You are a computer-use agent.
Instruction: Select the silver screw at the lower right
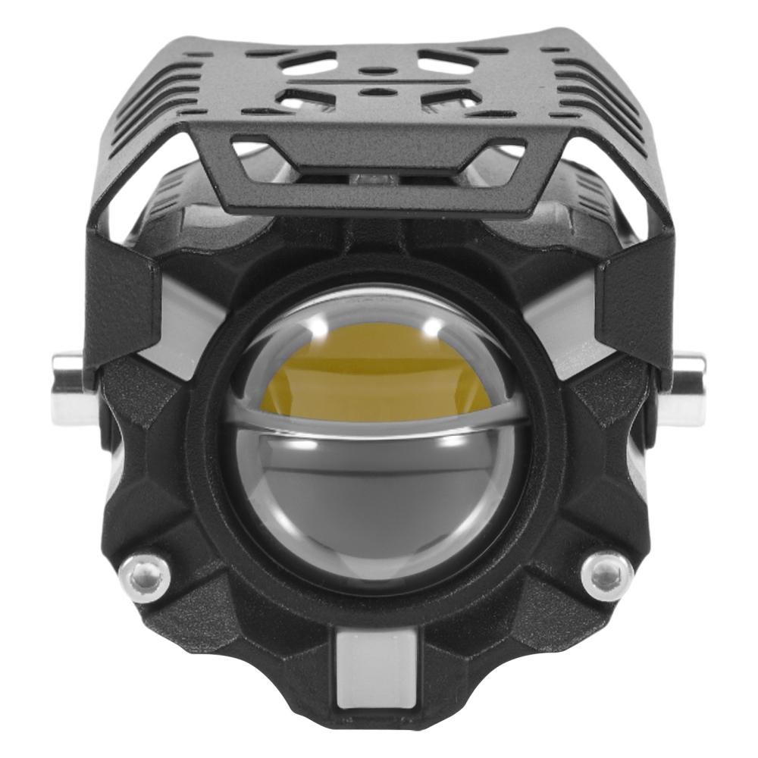[x=606, y=575]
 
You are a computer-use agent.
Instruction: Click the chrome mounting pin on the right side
[x=687, y=387]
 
